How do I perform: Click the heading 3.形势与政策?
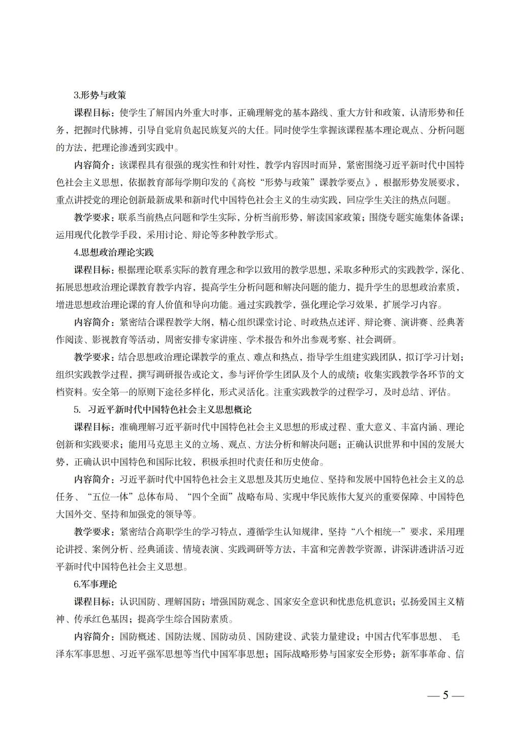pyautogui.click(x=100, y=95)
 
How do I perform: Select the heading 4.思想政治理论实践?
pyautogui.click(x=113, y=252)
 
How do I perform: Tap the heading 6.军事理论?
pyautogui.click(x=95, y=584)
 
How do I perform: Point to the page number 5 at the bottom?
pyautogui.click(x=445, y=695)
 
